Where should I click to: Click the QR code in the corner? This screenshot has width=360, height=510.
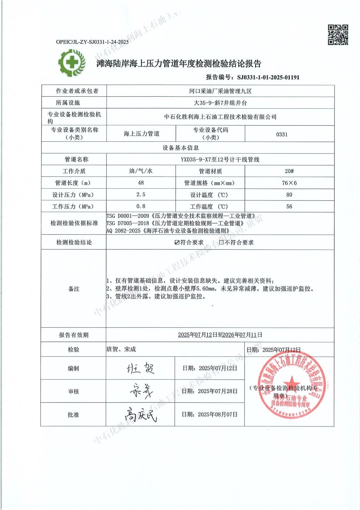pos(338,35)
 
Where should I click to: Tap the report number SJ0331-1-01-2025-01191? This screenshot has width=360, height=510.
pos(268,77)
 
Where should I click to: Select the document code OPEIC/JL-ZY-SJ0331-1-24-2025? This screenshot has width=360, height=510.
pos(92,42)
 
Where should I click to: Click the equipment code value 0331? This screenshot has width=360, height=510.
pos(282,134)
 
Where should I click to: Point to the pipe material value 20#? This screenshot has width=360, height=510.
pos(289,171)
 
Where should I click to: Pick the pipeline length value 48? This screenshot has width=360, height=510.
pos(141,183)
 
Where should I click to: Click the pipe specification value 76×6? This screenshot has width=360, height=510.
pos(289,183)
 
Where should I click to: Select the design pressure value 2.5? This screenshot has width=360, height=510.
pos(141,194)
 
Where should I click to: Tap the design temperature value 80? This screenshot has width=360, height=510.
pos(289,194)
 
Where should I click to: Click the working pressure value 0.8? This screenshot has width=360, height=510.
pos(141,206)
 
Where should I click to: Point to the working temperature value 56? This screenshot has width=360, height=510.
pos(289,206)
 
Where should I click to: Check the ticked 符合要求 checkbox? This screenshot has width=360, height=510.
pos(177,242)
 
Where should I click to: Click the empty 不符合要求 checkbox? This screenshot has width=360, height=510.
pos(221,242)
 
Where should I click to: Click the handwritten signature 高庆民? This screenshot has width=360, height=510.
pos(140,414)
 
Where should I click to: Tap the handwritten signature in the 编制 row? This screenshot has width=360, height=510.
pos(140,368)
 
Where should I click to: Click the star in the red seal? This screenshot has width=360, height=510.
pos(291,382)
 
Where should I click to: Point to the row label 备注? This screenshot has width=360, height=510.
pos(74,289)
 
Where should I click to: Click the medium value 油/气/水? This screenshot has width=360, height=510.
pos(141,171)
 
